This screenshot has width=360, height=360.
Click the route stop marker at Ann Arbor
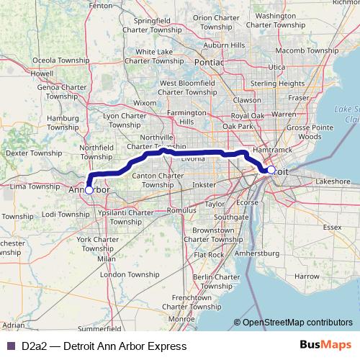pyautogui.click(x=89, y=190)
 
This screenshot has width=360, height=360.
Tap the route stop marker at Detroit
pyautogui.click(x=271, y=171)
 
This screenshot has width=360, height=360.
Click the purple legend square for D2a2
pyautogui.click(x=10, y=346)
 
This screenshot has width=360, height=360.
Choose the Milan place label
pyautogui.click(x=106, y=258)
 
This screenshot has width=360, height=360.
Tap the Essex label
pyautogui.click(x=332, y=227)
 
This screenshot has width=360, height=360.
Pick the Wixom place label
pyautogui.click(x=145, y=103)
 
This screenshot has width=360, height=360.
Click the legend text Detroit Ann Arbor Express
pyautogui.click(x=104, y=346)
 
